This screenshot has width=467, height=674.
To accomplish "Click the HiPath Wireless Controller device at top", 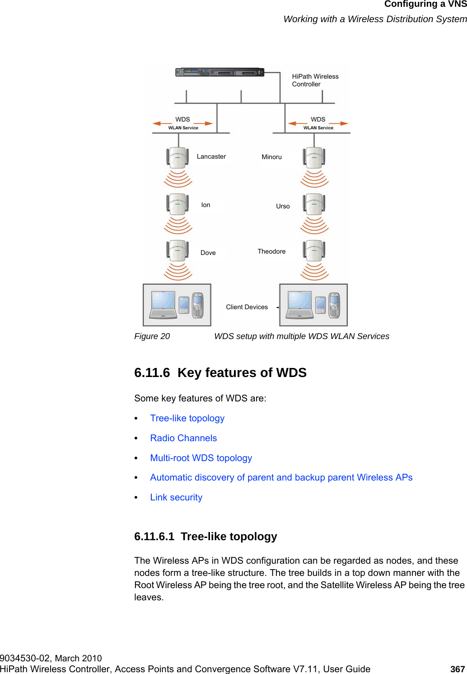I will [219, 72].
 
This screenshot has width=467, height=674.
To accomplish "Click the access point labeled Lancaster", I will [177, 158].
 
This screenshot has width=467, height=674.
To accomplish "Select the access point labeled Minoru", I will [314, 158].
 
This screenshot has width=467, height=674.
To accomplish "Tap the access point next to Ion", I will [177, 204].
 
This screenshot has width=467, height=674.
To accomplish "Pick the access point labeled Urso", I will [314, 204].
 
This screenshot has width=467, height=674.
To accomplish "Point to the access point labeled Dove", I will [177, 251].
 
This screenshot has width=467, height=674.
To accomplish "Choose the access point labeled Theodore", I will [314, 251].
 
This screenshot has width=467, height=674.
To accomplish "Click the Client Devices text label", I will [247, 307].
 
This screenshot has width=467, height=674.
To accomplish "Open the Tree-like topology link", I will [187, 418].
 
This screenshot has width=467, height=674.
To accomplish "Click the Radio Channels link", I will [183, 438].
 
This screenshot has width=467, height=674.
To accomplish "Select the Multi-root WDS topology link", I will [201, 458].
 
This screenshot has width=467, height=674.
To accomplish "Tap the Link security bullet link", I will [176, 497].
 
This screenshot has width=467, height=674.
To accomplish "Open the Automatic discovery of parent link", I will [281, 477].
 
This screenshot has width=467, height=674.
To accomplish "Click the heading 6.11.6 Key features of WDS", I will [220, 372].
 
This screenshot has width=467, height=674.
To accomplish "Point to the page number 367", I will [458, 669].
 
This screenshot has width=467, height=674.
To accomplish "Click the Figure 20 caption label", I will [152, 336].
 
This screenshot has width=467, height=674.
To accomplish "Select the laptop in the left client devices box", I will [163, 304].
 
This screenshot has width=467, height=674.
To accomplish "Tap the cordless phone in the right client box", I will [334, 305].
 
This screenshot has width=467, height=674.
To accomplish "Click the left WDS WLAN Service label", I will [183, 123].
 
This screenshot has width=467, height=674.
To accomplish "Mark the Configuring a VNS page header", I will [425, 5].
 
